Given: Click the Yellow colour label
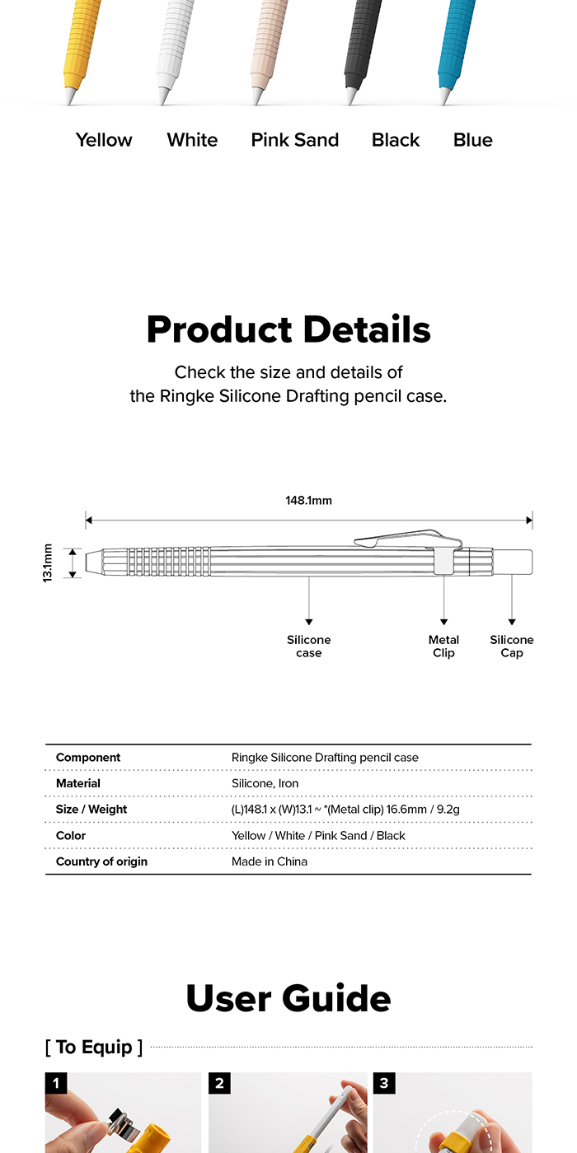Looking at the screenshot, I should pos(104,140).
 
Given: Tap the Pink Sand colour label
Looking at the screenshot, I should pos(295,140).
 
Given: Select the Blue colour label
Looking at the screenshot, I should pos(472,140).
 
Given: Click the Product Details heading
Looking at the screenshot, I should pos(288,329).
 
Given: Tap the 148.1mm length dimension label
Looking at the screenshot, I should pos(309,500).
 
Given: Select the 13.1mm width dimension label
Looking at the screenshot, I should pos(48,563).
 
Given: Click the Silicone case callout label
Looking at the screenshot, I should pos(309,647).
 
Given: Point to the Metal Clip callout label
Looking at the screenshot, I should pos(443,647).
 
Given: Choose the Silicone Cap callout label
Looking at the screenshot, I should pos(512,647).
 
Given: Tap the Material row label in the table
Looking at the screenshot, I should pos(78,783).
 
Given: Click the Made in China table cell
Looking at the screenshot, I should pos(270,861).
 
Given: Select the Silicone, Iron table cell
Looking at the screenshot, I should pos(265,783).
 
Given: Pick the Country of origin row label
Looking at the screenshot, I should pos(101,861).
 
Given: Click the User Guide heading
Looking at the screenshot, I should pos(288,998).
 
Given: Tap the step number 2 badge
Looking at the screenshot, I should pos(219,1084).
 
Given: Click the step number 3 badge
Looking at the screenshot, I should pos(384,1084).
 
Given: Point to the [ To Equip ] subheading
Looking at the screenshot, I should pos(94,1048).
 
